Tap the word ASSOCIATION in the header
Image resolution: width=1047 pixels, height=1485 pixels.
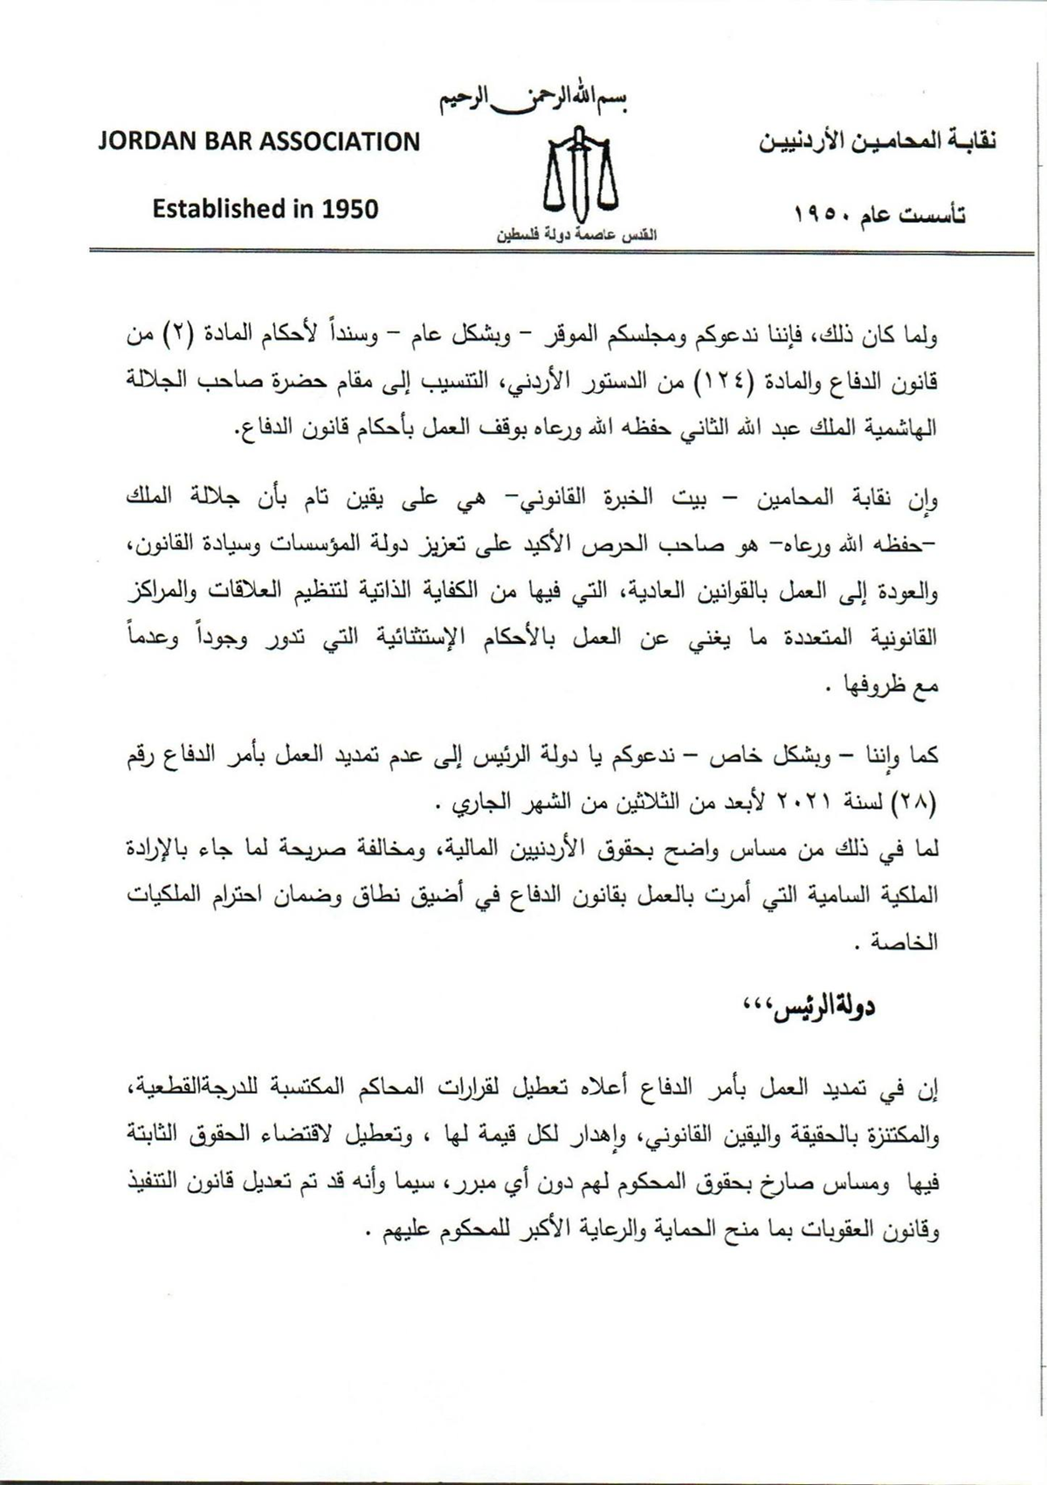pyautogui.click(x=340, y=142)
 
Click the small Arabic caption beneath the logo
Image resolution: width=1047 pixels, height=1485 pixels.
pyautogui.click(x=576, y=237)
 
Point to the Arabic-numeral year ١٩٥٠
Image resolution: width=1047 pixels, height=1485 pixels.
pyautogui.click(x=825, y=214)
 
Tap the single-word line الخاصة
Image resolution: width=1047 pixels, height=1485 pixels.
pyautogui.click(x=914, y=943)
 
